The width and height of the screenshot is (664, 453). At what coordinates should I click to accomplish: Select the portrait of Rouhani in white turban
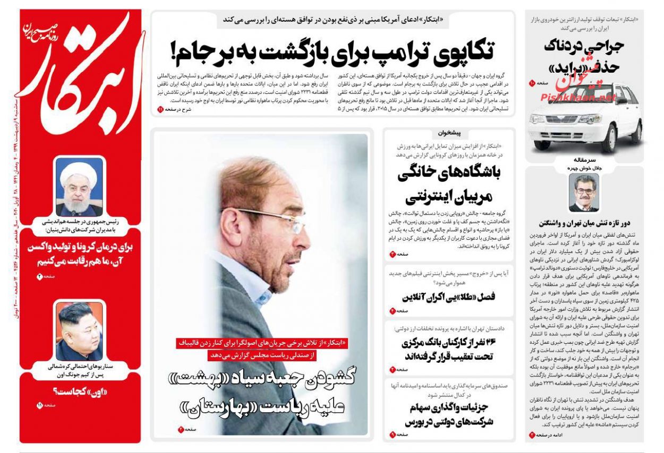tap(80, 187)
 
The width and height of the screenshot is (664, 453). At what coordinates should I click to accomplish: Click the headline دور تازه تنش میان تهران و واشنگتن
tap(583, 223)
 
